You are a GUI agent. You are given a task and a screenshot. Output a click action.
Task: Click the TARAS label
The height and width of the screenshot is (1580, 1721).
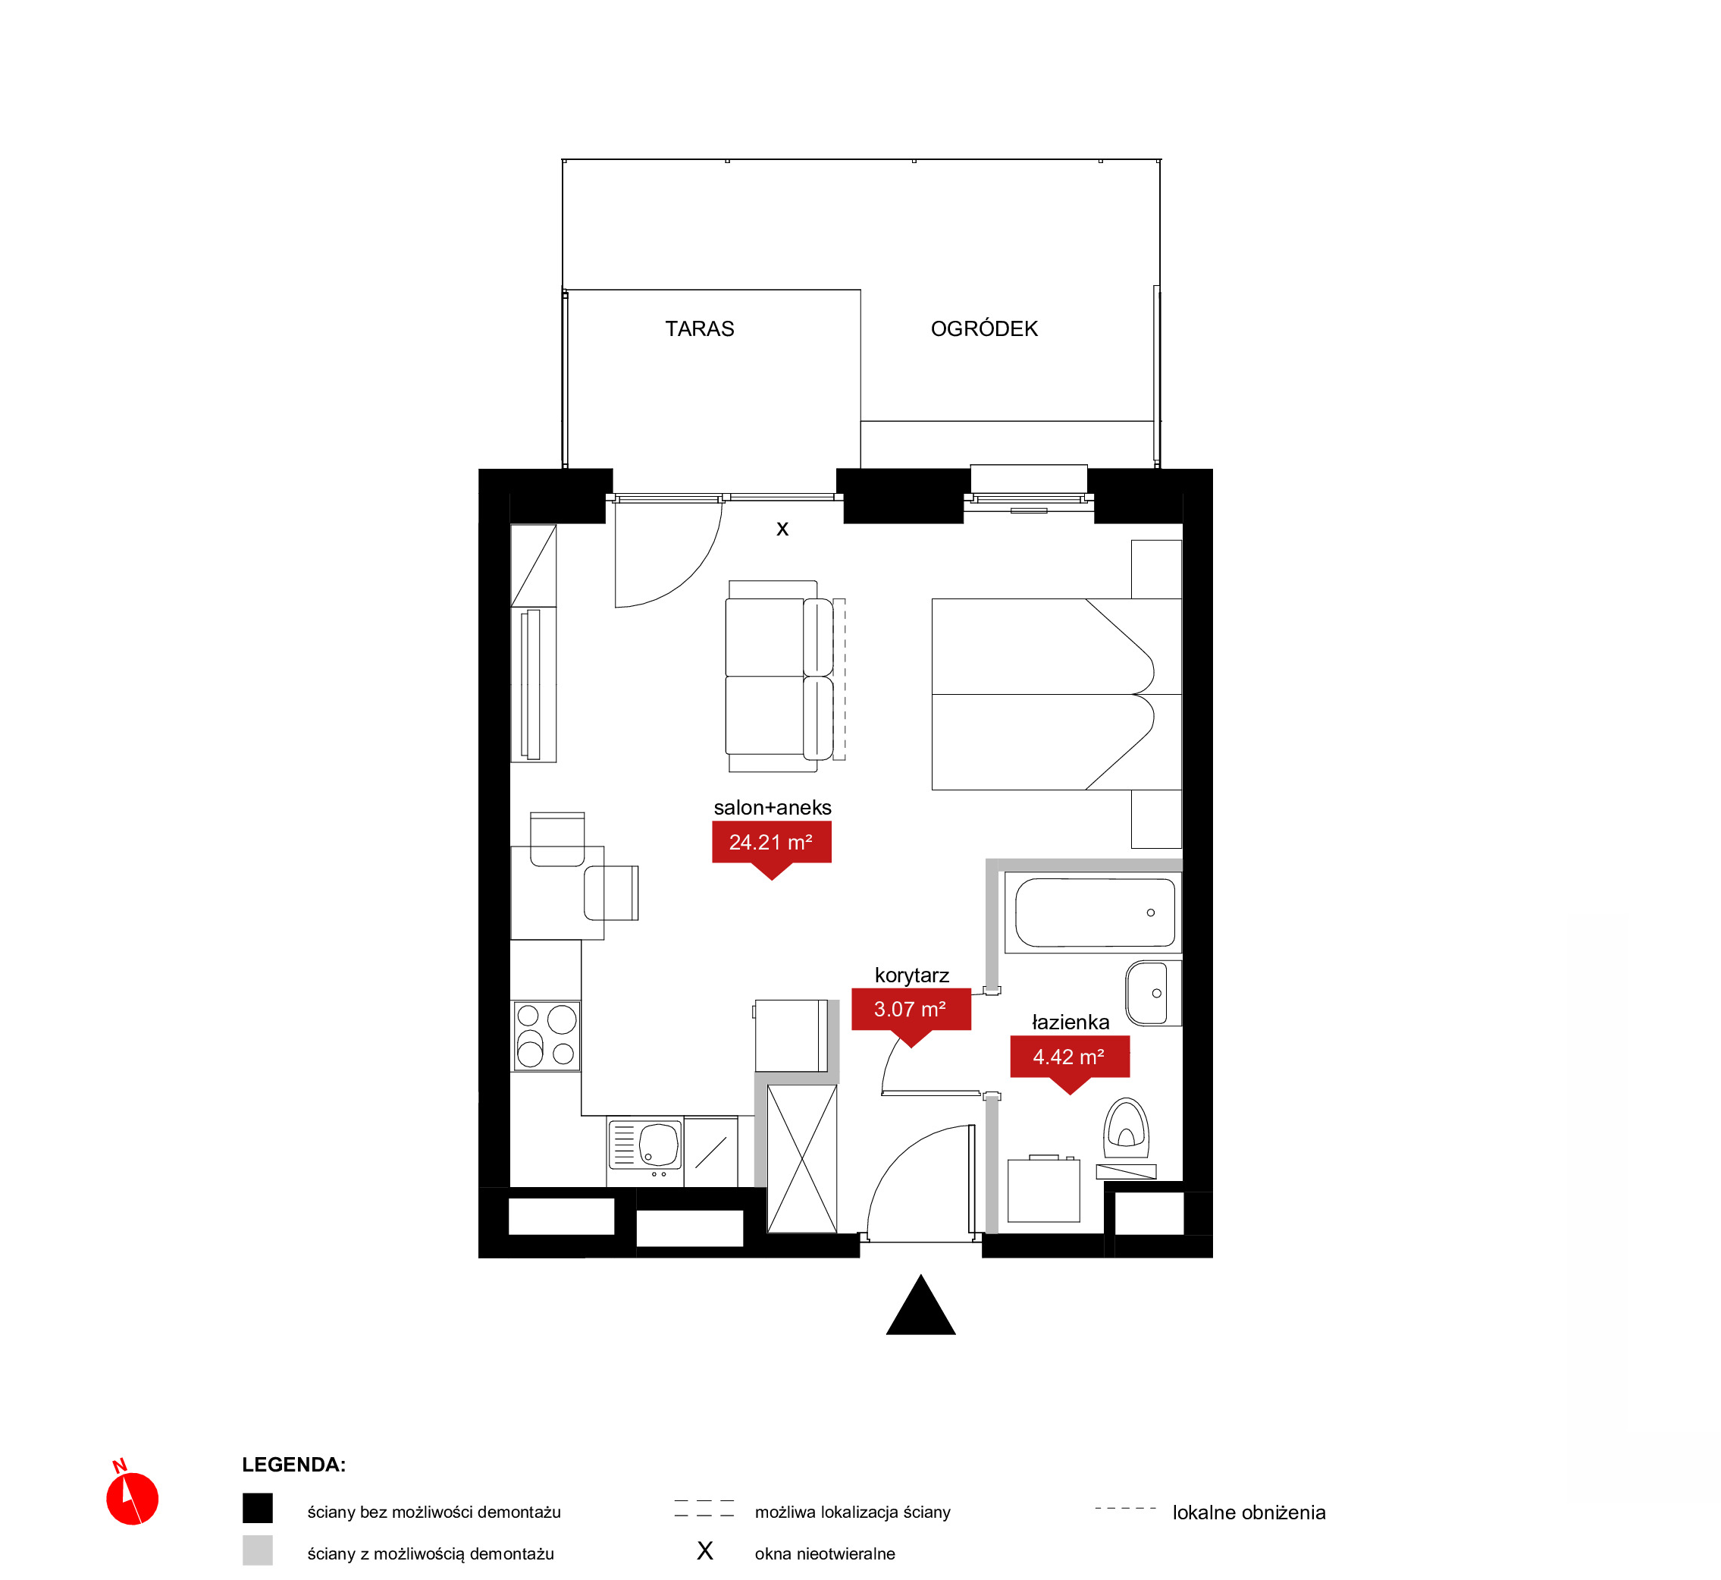699,329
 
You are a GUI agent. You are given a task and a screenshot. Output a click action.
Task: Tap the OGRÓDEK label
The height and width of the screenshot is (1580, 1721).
983,329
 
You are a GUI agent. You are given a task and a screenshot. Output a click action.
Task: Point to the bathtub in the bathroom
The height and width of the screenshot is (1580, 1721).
1094,913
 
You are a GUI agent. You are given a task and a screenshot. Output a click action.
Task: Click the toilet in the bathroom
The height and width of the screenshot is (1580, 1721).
1127,1129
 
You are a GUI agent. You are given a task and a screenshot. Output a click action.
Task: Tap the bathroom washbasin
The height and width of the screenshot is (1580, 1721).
1152,993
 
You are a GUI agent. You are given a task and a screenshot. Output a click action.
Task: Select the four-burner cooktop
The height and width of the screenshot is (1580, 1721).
546,1036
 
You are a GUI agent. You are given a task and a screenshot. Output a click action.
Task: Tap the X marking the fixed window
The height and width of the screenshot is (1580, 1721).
782,529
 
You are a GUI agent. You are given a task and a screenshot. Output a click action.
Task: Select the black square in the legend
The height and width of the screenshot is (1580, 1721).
257,1508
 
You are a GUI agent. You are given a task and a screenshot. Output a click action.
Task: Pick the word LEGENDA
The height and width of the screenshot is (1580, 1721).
294,1465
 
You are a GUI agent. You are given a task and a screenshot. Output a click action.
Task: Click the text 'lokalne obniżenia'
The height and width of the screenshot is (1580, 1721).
1249,1512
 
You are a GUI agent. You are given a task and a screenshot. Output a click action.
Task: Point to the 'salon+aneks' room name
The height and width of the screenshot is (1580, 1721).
773,807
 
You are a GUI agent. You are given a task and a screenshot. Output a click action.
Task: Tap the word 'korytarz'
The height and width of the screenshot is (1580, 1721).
912,975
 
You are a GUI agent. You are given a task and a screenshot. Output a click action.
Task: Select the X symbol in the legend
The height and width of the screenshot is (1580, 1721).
705,1550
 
